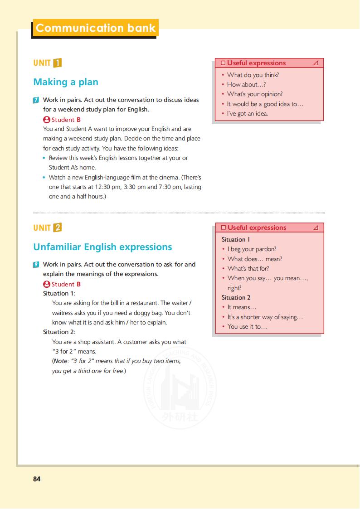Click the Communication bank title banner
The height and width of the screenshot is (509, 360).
point(95,28)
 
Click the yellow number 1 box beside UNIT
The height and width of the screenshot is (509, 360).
point(57,63)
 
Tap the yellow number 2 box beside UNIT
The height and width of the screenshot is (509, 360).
point(57,228)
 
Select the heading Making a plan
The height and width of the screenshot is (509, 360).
point(66,82)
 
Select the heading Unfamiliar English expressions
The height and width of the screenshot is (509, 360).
point(102,247)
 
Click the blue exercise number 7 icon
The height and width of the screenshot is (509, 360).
point(36,100)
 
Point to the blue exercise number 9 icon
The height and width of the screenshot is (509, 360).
point(36,265)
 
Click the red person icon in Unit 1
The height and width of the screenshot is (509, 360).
point(46,120)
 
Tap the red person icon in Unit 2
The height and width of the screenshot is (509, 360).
point(46,284)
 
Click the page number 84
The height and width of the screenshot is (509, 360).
point(37,479)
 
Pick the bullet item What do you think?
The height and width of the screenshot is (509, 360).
point(253,75)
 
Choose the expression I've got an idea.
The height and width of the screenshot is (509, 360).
point(247,113)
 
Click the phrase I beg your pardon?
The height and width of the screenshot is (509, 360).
point(252,249)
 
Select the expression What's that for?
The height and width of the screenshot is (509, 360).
point(248,268)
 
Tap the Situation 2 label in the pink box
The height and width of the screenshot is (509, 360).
point(236,297)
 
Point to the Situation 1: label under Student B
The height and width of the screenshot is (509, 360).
point(59,294)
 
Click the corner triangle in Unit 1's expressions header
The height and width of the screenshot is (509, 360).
point(316,63)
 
